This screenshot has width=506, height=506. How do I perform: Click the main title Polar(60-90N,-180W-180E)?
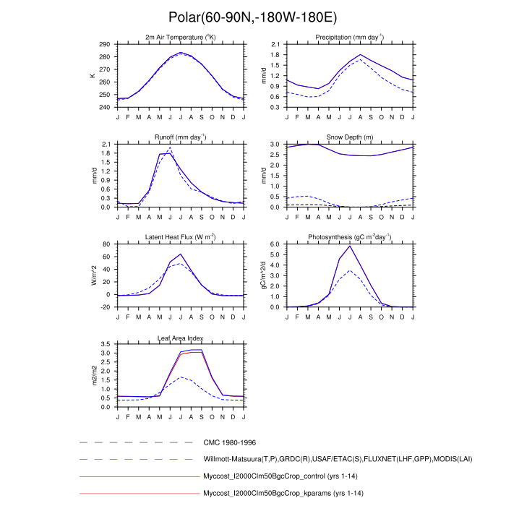[x=252, y=17]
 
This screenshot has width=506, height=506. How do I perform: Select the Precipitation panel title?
[x=350, y=37]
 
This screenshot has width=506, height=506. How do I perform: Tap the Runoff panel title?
[x=180, y=137]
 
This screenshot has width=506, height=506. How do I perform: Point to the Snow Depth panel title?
[x=350, y=137]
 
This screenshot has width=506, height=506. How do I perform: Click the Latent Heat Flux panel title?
[x=180, y=237]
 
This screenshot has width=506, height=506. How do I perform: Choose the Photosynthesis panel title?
[x=350, y=237]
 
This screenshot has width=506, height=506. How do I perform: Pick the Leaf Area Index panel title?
[x=180, y=338]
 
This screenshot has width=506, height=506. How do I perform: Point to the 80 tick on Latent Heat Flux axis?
[x=107, y=244]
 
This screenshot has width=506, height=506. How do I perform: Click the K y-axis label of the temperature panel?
[x=91, y=76]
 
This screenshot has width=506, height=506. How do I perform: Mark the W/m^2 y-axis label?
[x=91, y=275]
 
